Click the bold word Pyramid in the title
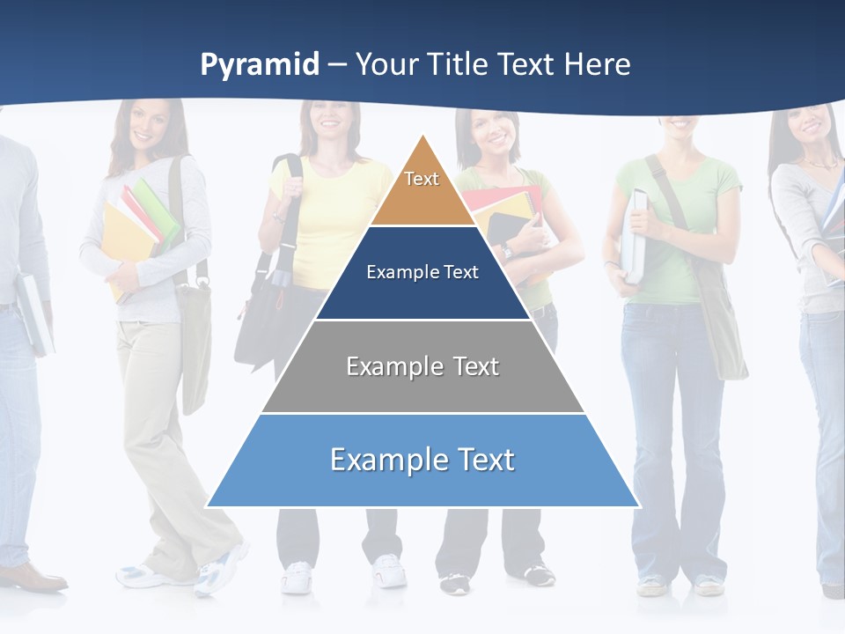260,64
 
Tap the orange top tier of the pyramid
422,198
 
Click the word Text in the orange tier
422,179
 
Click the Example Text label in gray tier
422,366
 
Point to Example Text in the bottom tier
422,460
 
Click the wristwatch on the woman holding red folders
506,252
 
